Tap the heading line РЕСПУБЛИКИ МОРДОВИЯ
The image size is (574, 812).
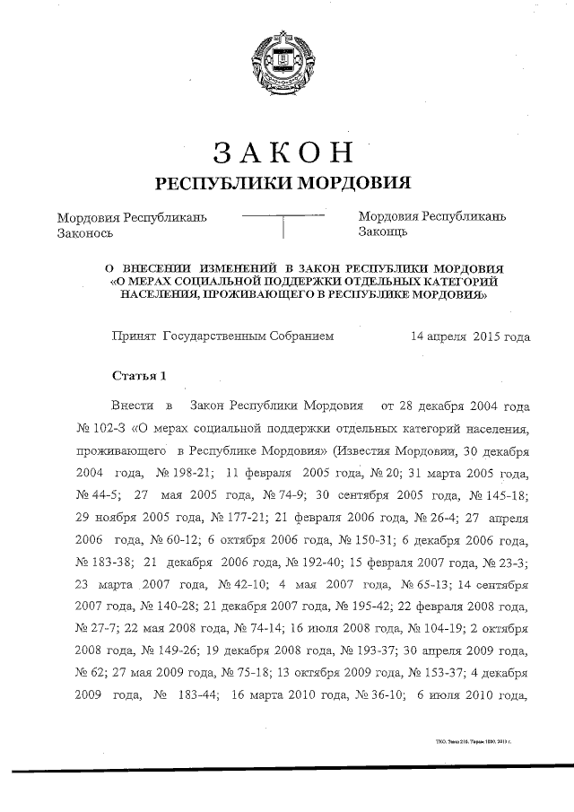[x=283, y=183]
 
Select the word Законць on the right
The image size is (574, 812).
[x=383, y=231]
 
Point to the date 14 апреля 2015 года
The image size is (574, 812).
[x=469, y=336]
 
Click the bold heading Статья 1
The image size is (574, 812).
[x=138, y=373]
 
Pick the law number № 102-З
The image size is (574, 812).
[x=99, y=428]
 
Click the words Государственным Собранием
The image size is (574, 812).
[x=248, y=336]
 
